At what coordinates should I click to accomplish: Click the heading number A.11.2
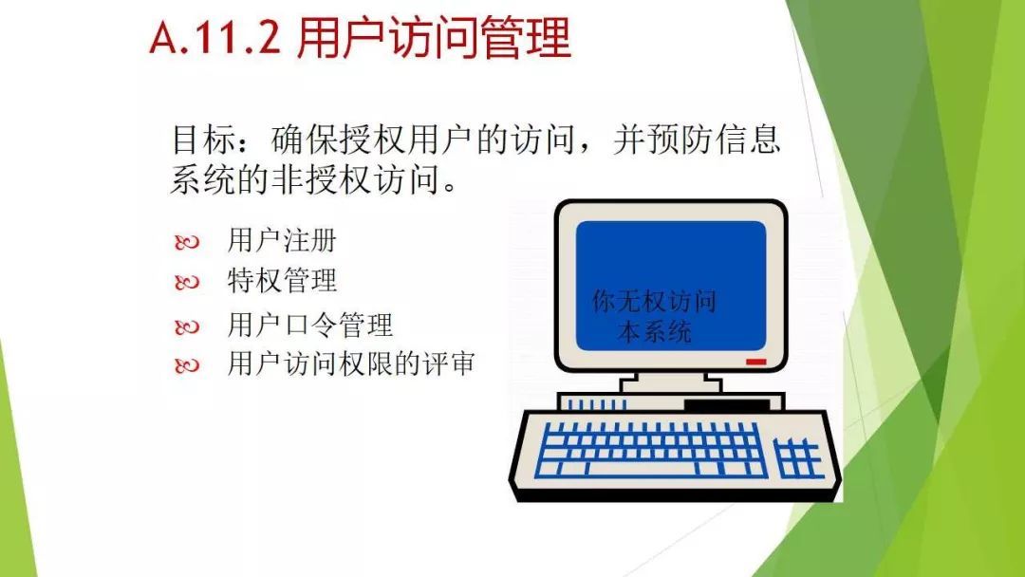pos(215,38)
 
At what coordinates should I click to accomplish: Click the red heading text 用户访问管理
pos(434,38)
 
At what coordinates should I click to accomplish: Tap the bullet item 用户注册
pos(282,240)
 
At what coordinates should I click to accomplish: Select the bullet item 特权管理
pos(282,281)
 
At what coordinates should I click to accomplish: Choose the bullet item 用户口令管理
pos(309,325)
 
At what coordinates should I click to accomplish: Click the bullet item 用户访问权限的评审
pos(351,364)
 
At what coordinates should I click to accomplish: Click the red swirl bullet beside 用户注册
pos(187,242)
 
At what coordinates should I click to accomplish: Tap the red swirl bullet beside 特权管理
pos(187,283)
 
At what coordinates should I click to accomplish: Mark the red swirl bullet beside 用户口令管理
pos(187,326)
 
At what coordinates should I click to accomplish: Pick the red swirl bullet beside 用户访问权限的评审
pos(187,366)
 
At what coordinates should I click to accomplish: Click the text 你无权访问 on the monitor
pos(654,301)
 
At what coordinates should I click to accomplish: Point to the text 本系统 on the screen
pos(654,331)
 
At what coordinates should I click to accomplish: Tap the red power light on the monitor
pos(755,362)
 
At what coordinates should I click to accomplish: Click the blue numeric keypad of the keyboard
pos(798,457)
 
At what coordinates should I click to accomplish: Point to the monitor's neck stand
pos(671,382)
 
